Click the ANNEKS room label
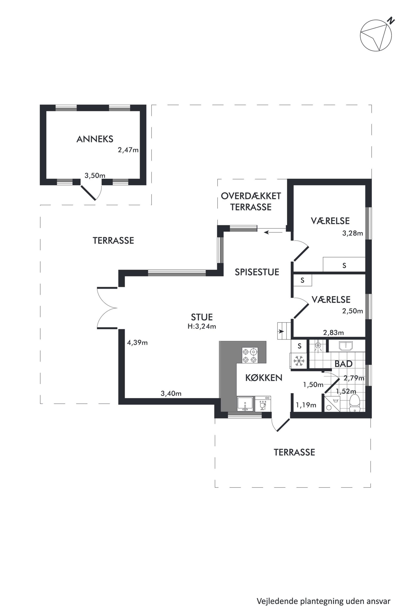95,139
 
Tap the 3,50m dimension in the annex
95,176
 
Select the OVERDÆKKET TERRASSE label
251,201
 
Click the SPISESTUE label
257,272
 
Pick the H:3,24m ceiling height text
202,326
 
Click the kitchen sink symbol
245,404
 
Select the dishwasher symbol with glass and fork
263,404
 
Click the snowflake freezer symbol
299,361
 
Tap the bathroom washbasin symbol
346,346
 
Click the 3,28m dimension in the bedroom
353,233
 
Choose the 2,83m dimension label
333,333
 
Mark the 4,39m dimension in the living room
137,342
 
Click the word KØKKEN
264,378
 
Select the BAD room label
343,364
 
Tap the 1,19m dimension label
306,405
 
